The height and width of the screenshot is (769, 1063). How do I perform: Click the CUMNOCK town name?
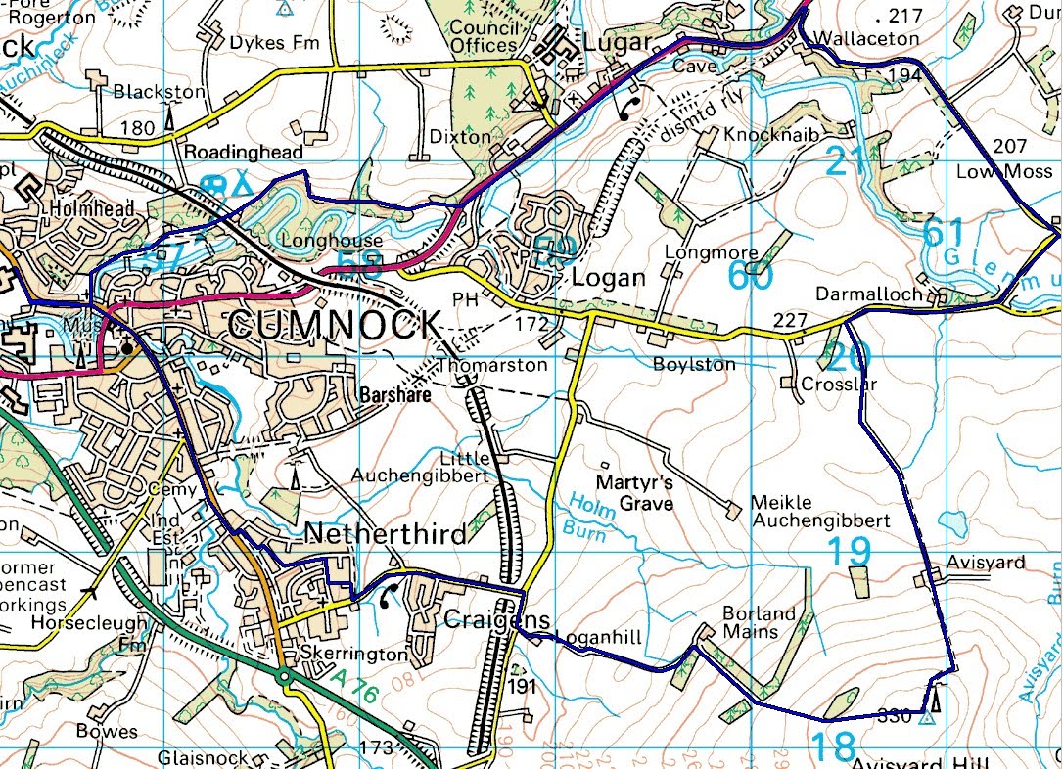coord(332,324)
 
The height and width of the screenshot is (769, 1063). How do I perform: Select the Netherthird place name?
coord(385,534)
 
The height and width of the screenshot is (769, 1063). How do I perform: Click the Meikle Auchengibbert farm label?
coord(820,511)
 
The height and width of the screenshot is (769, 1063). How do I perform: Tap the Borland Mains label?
coord(759,623)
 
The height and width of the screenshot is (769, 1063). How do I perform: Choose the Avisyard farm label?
coord(986,563)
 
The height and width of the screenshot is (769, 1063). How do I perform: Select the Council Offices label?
coord(483,36)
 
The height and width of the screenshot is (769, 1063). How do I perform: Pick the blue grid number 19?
coord(850,552)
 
